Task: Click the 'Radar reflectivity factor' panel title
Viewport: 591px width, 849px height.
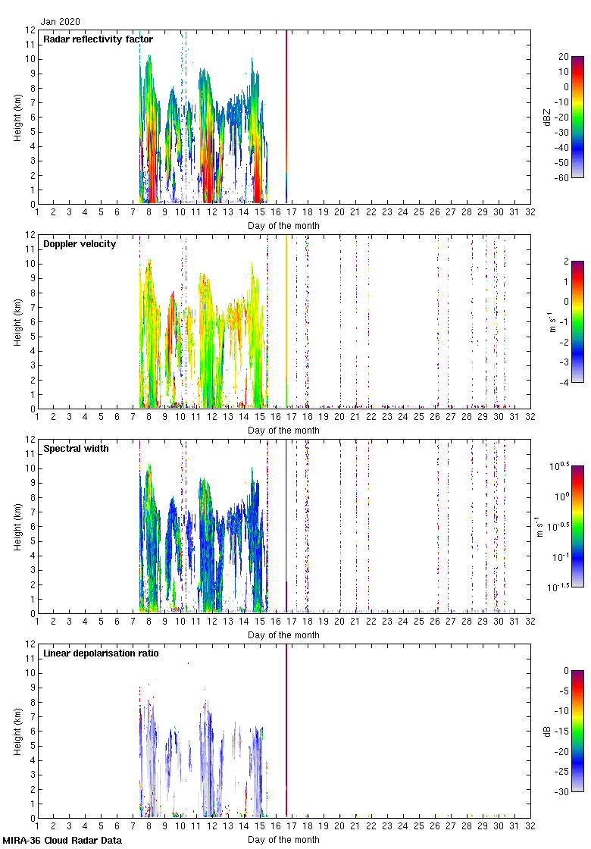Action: (98, 39)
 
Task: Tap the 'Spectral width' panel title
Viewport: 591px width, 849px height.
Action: (76, 448)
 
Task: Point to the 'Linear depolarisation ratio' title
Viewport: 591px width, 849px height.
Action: (101, 653)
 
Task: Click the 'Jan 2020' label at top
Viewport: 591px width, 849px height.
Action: (60, 22)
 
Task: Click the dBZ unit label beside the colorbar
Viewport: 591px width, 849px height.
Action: (548, 117)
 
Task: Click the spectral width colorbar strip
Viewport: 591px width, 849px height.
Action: (577, 526)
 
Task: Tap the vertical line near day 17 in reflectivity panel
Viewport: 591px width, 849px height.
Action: (286, 114)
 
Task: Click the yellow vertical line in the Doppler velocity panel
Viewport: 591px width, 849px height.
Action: (286, 318)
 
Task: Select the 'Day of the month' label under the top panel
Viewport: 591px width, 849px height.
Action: (283, 225)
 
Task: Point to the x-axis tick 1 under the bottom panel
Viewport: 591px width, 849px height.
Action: (37, 828)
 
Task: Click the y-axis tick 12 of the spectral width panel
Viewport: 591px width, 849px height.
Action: (30, 440)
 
